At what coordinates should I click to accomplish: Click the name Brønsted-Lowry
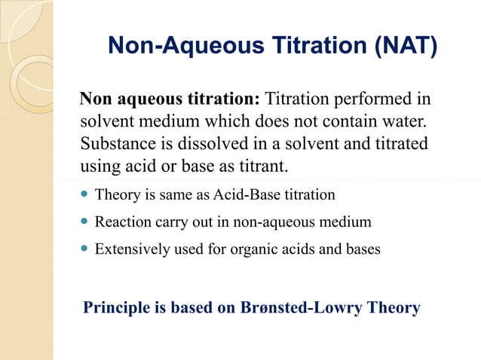pos(302,308)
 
